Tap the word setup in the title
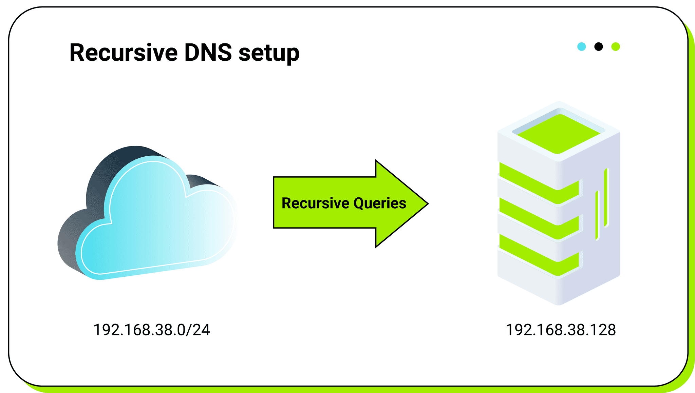coord(269,53)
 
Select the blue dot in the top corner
coord(581,46)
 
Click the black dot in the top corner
coord(599,46)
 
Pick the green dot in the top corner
coord(616,46)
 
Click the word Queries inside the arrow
coord(380,203)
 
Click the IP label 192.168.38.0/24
coord(151,330)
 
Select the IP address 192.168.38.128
coord(561,330)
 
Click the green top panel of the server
coord(559,134)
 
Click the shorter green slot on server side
coord(597,216)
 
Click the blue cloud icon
coord(156,220)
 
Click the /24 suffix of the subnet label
coord(200,330)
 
